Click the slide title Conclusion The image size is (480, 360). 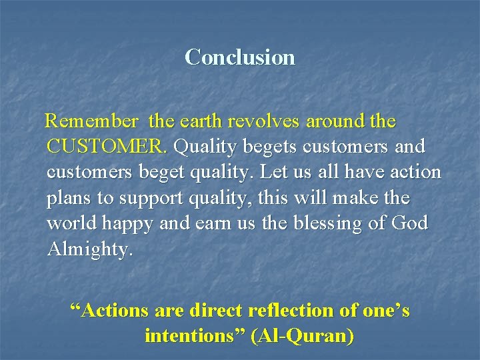[x=240, y=57]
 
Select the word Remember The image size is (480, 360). [x=91, y=122]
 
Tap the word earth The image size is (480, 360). [x=199, y=122]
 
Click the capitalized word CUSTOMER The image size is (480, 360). [x=107, y=147]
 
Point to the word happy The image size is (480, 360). [x=131, y=224]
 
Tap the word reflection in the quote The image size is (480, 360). [x=295, y=311]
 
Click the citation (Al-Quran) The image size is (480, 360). [x=302, y=336]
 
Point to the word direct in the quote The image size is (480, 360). [x=217, y=311]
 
